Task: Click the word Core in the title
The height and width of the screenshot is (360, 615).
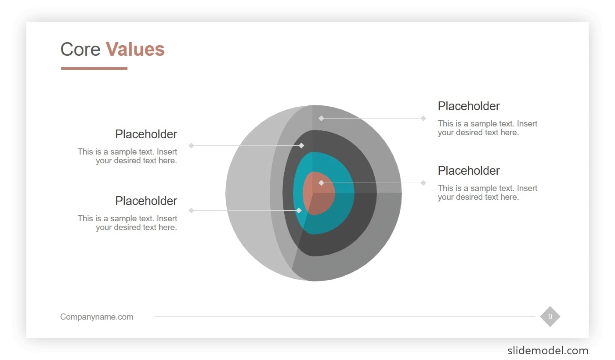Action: point(80,49)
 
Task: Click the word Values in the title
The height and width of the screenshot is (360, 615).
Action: point(135,49)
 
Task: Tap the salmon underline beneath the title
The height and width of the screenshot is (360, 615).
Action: point(94,68)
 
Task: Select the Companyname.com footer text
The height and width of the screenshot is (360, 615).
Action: point(97,317)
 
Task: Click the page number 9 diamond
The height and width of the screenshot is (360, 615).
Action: point(550,317)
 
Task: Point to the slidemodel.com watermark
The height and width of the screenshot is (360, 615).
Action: point(547,350)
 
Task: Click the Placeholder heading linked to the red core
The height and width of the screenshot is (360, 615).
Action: point(469,171)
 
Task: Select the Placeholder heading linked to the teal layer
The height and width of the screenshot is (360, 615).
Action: point(146,201)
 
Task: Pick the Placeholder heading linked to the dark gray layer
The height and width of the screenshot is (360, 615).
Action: point(146,134)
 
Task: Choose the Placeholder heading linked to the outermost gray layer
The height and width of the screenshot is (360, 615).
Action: point(469,106)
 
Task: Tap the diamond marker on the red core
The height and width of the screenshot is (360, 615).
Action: point(321,183)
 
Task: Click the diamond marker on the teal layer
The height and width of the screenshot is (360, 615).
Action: point(299,211)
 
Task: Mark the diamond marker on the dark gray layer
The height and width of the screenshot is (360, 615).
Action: point(301,145)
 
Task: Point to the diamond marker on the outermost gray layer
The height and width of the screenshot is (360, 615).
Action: point(321,118)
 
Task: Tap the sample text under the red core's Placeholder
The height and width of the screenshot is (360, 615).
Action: point(487,193)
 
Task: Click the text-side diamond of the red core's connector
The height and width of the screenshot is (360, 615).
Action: point(423,183)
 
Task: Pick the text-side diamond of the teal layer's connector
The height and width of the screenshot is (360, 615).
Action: point(191,211)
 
